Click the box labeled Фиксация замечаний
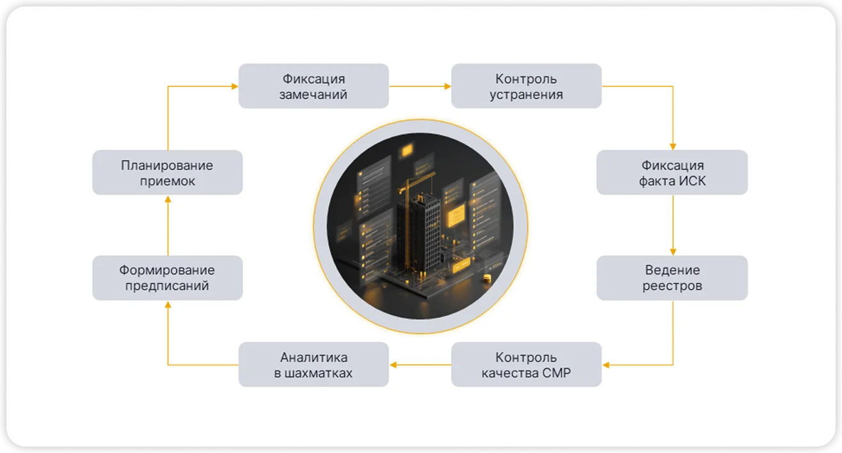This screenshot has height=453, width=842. (x=314, y=86)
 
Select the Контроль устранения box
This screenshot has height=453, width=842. (x=526, y=86)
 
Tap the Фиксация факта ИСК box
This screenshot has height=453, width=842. (x=672, y=173)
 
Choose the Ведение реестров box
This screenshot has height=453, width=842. (x=672, y=278)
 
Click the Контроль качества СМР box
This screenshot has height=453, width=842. (x=526, y=364)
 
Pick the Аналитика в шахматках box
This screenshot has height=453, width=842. (x=314, y=364)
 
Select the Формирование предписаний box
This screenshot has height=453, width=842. (x=168, y=278)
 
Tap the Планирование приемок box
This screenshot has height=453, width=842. (x=168, y=173)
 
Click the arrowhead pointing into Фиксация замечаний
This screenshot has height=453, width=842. (x=235, y=86)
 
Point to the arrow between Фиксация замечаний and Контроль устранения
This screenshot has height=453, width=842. (x=420, y=86)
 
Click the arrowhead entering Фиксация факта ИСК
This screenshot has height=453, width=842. (x=673, y=147)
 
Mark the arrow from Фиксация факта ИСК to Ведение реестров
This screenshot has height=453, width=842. (x=673, y=225)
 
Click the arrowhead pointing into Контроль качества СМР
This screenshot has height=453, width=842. (x=606, y=365)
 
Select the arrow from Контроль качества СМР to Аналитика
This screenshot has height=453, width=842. (x=420, y=365)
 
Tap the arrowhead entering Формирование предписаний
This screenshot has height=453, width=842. (x=168, y=305)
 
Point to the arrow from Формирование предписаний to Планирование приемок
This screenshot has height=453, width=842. (x=168, y=225)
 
